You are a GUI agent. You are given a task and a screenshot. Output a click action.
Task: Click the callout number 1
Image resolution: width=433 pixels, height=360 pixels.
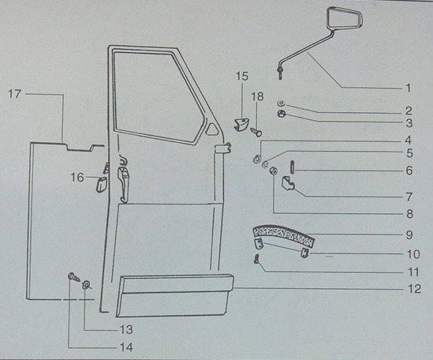click(x=408, y=88)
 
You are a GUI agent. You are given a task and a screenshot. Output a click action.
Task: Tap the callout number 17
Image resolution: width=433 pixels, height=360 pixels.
click(x=14, y=94)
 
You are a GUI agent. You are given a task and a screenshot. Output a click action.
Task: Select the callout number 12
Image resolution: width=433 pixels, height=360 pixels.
click(x=414, y=289)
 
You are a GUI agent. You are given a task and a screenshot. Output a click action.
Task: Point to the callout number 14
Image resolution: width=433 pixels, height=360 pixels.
click(x=126, y=347)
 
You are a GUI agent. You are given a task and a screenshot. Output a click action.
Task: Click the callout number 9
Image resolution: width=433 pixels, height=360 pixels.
click(x=409, y=235)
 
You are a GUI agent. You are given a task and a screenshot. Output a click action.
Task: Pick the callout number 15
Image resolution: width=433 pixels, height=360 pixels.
click(x=242, y=76)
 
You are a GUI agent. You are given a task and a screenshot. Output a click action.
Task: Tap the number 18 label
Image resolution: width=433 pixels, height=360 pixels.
click(x=257, y=96)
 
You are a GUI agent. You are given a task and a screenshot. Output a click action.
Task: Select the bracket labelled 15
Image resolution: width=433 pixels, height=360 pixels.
click(x=241, y=125)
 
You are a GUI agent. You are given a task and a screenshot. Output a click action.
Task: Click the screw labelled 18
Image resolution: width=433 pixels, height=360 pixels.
click(x=256, y=132)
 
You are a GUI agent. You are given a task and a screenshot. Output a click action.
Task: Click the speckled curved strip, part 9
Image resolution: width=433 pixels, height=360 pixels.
click(x=284, y=234)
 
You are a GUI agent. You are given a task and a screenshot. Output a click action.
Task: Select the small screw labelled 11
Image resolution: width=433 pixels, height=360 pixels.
click(x=257, y=259)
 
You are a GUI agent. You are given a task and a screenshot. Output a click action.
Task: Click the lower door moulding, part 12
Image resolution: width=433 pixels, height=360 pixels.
click(x=175, y=295)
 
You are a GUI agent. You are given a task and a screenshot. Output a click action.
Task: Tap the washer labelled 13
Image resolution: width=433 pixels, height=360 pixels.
click(x=86, y=285)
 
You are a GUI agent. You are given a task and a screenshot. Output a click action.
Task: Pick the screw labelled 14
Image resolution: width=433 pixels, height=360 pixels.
click(x=73, y=277)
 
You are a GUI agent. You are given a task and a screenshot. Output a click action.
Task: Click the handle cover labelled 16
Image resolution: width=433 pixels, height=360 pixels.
click(x=100, y=185)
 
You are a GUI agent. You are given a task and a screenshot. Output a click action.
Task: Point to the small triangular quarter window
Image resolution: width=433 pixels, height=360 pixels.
click(x=211, y=129)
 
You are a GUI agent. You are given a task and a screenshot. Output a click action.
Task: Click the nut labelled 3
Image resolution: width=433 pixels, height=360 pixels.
click(x=282, y=114)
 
